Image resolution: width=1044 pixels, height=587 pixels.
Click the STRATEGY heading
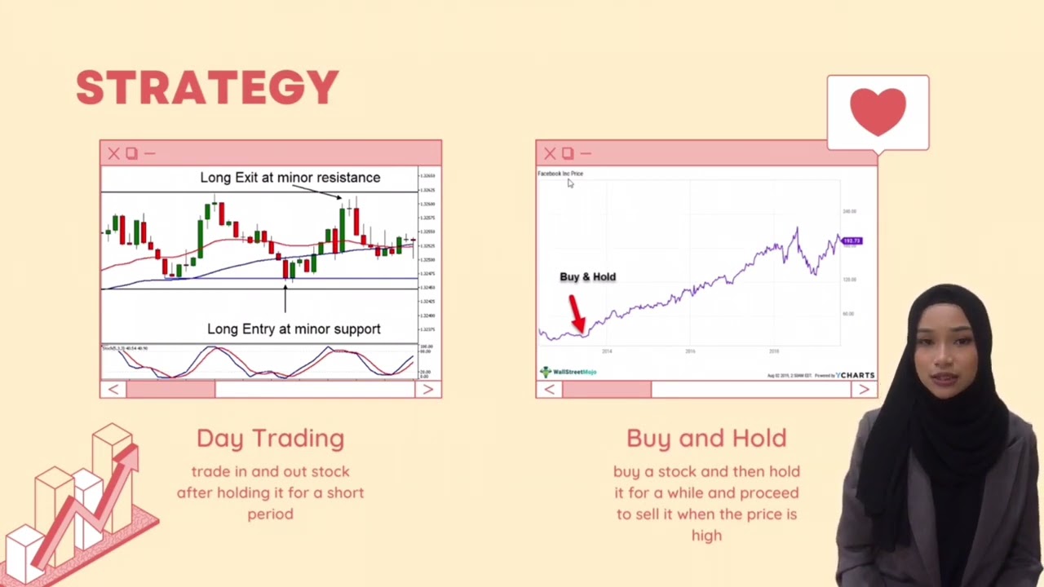click(x=207, y=88)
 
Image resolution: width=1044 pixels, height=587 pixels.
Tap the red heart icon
click(x=878, y=112)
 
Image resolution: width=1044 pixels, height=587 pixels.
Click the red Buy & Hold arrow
click(x=577, y=314)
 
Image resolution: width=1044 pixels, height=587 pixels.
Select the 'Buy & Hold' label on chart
click(x=587, y=277)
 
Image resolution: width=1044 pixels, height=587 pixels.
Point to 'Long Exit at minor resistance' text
click(x=290, y=178)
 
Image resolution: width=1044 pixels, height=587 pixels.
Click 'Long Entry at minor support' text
click(x=294, y=329)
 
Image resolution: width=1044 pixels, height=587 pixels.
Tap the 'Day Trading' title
click(x=270, y=438)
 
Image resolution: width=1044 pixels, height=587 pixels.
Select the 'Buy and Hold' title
click(x=706, y=438)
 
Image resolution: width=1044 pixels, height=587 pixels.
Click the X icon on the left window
click(x=113, y=153)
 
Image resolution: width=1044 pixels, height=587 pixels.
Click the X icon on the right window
click(x=550, y=153)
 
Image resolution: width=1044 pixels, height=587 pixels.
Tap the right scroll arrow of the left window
click(x=427, y=390)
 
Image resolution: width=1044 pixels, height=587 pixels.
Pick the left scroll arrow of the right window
click(x=549, y=390)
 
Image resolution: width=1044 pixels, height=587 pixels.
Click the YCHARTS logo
click(x=856, y=375)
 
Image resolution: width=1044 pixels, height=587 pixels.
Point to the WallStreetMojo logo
click(x=568, y=372)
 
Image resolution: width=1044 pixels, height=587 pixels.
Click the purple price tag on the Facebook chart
click(x=852, y=241)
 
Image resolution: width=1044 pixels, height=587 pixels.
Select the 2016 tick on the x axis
click(x=690, y=351)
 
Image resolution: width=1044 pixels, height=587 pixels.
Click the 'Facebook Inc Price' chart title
click(x=560, y=174)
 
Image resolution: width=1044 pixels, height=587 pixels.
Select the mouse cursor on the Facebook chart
click(x=570, y=183)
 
